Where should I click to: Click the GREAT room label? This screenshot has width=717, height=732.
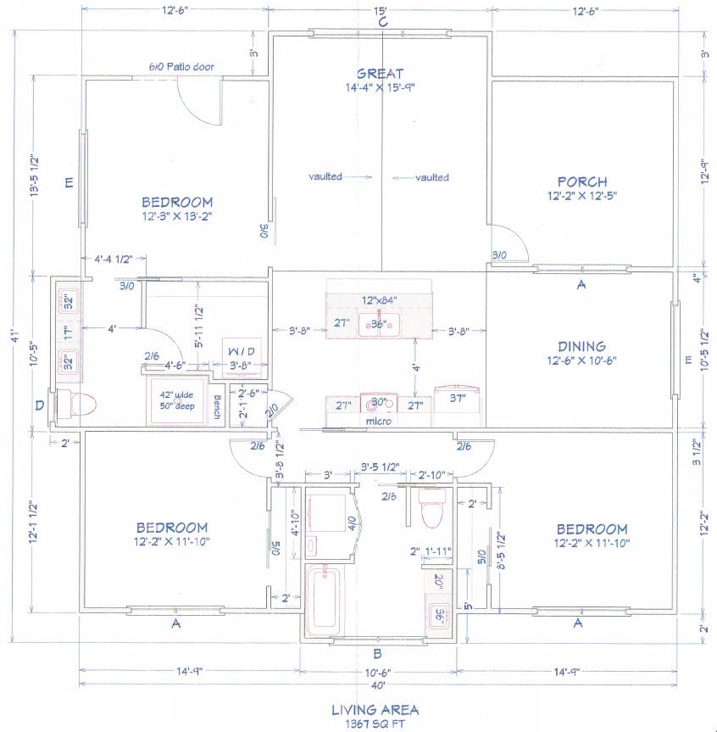pos(380,74)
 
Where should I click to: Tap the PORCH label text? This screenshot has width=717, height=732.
pos(581,182)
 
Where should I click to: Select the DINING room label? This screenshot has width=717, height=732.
pos(581,346)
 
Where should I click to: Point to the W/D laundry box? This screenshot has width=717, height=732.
pos(240,352)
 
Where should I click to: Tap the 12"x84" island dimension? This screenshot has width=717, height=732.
pos(380,300)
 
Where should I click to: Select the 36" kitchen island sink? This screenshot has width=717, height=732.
pos(379,323)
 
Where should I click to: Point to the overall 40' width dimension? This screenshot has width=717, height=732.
pos(379,685)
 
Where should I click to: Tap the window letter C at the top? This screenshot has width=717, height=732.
pos(382,23)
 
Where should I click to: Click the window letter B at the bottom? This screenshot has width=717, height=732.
pos(379,653)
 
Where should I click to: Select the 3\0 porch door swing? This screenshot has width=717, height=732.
pos(511,242)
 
